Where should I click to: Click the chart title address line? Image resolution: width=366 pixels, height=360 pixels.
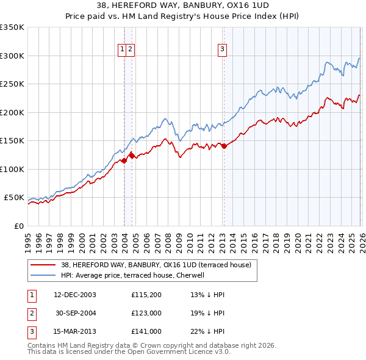(x=182, y=5)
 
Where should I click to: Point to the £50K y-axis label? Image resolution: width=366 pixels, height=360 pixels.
(x=14, y=198)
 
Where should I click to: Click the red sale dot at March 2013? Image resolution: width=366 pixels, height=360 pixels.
(x=223, y=146)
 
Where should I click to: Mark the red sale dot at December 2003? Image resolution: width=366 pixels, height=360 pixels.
(x=124, y=160)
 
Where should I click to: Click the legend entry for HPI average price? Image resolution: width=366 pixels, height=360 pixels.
(x=132, y=275)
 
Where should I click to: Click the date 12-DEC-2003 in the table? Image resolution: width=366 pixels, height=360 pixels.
(x=75, y=295)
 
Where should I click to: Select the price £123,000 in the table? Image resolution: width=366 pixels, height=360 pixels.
(x=146, y=313)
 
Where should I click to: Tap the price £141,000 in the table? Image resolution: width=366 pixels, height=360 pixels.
(x=146, y=331)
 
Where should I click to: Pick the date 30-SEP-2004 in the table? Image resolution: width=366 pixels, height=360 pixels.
(x=75, y=313)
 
